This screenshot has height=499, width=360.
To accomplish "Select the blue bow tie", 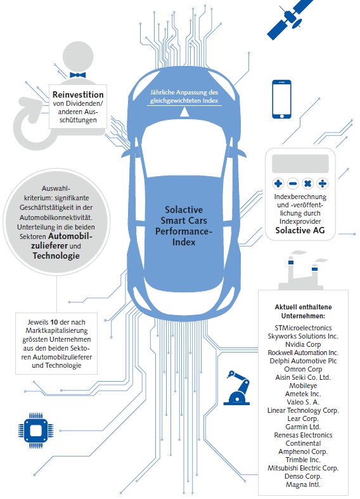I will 77,74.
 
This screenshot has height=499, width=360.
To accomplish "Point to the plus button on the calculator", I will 278,184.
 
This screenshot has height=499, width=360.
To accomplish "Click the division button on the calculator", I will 323,184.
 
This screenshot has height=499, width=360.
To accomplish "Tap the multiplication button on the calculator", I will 307,184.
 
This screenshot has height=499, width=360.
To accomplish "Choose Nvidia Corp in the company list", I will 303,343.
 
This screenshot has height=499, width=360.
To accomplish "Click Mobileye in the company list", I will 303,384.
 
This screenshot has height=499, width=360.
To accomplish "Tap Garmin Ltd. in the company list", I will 303,427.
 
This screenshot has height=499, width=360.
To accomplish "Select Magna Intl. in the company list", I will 303,484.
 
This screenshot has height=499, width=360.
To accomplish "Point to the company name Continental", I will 303,443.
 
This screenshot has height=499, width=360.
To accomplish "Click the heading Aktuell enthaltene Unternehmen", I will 303,311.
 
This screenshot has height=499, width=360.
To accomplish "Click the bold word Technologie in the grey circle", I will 56,256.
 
